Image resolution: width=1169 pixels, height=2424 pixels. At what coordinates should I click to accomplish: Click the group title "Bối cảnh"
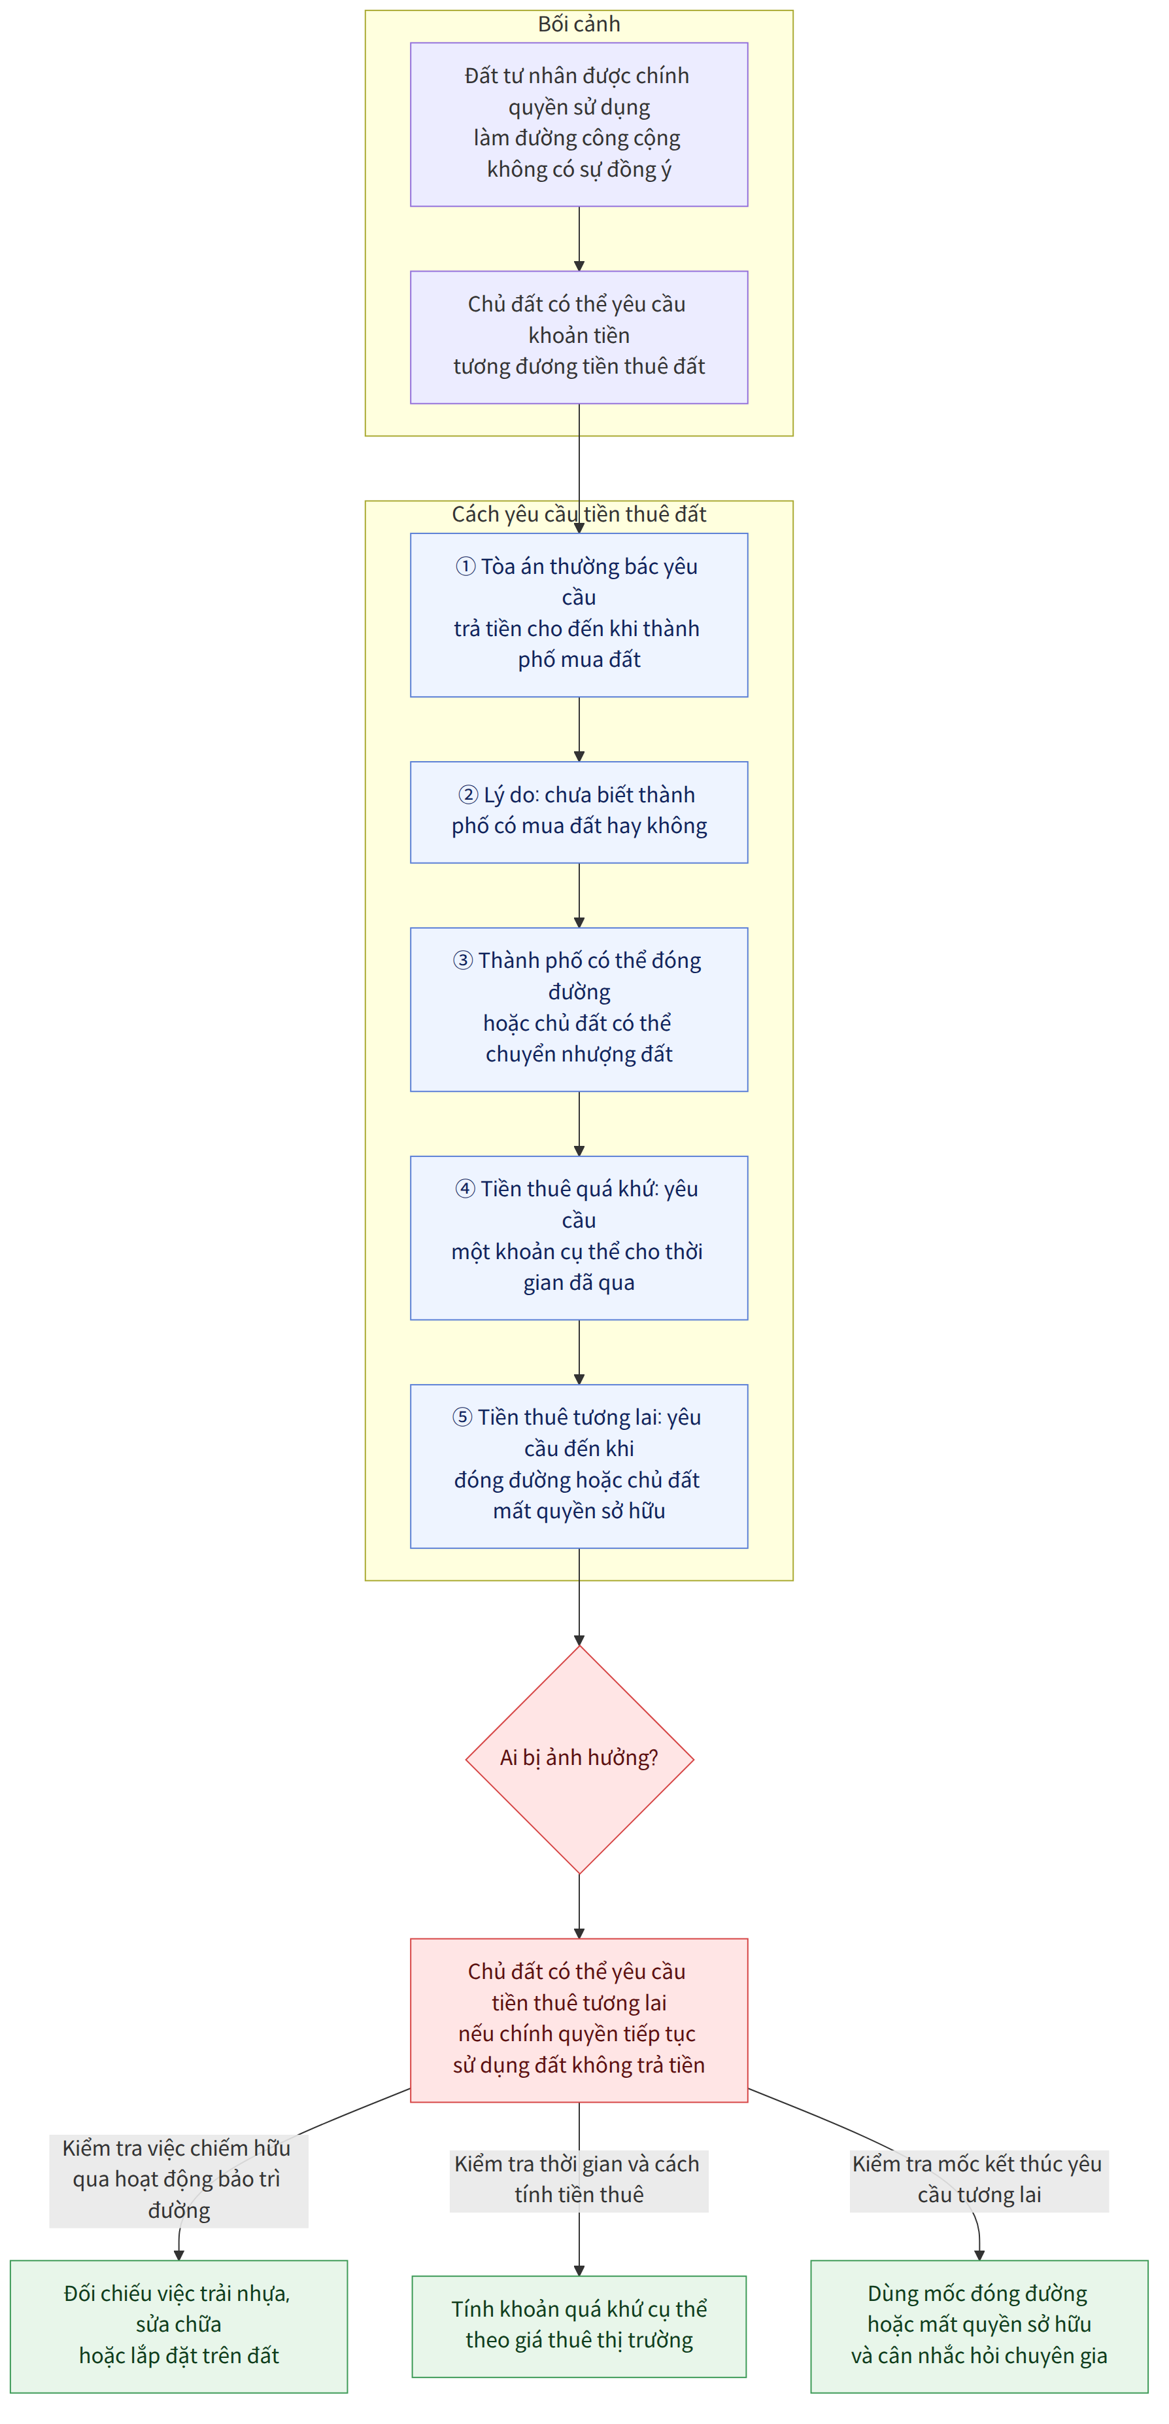coord(579,24)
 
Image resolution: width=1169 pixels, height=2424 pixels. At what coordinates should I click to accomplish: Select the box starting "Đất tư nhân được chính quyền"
coord(579,124)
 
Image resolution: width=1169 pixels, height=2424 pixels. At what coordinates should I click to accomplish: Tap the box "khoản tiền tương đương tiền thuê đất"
coord(579,337)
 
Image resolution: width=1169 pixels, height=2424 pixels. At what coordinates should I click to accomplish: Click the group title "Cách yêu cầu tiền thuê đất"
coord(579,514)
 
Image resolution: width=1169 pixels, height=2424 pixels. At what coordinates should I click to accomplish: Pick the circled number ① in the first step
coord(466,567)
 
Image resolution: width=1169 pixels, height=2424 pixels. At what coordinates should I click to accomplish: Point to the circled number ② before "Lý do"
coord(468,795)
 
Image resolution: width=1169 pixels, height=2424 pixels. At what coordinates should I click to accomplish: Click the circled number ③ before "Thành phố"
coord(463,961)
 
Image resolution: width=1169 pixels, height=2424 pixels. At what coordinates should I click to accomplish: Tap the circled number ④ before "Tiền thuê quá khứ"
coord(466,1189)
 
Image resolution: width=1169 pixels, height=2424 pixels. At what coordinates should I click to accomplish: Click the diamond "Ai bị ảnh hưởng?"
coord(579,1758)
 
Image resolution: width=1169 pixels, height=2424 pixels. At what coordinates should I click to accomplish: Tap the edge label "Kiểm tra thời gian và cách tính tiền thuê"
coord(579,2179)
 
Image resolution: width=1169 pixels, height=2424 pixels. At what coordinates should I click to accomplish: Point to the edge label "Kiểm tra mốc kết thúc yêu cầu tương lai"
coord(978,2179)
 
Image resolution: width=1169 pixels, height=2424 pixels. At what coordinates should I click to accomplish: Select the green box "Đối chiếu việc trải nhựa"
coord(178,2325)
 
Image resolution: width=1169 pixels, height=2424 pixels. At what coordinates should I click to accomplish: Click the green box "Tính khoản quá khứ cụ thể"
coord(579,2325)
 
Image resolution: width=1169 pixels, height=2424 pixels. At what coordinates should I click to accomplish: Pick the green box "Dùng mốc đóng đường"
coord(979,2325)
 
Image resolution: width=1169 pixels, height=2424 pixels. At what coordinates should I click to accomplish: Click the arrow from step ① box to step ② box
coord(579,729)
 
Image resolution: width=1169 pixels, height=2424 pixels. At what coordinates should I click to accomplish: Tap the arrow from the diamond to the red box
coord(579,1906)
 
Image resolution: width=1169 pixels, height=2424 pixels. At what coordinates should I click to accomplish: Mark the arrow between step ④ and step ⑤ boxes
coord(579,1352)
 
